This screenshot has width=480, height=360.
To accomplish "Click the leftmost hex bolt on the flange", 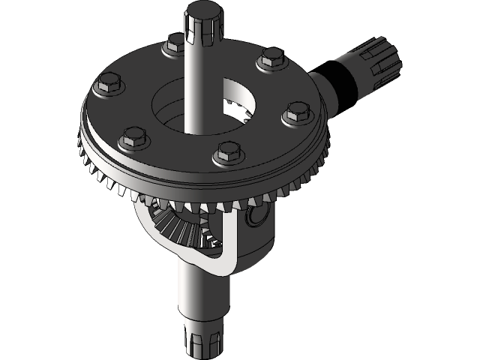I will [x=106, y=85].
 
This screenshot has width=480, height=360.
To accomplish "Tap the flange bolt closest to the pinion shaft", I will [x=271, y=59].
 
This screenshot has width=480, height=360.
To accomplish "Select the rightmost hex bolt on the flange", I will [x=295, y=115].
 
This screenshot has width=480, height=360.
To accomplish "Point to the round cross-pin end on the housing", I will [x=256, y=217].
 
